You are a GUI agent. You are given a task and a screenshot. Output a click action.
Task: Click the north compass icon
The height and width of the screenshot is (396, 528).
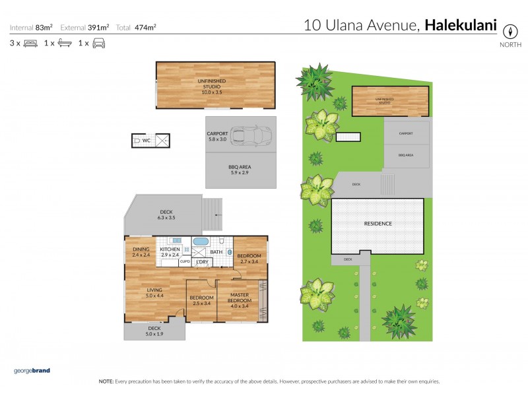[510, 31]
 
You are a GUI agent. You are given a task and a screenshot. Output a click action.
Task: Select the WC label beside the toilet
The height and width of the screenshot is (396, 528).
[147, 141]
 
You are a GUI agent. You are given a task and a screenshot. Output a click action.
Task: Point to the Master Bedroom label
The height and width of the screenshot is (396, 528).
[238, 300]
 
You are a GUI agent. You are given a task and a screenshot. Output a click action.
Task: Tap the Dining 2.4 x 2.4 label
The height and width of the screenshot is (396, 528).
[142, 251]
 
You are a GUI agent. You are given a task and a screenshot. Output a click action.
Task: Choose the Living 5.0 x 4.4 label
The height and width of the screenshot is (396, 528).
[155, 292]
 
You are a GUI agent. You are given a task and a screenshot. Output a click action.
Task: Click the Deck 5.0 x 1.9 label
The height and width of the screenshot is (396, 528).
[154, 331]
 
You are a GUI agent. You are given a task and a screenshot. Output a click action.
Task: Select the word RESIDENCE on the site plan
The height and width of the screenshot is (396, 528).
[378, 224]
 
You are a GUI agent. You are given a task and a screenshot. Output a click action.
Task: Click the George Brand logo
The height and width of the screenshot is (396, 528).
[32, 371]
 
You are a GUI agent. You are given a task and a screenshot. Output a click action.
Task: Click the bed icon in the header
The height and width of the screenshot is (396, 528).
[30, 44]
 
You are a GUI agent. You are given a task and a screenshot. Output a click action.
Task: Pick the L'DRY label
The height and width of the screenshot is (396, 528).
[201, 262]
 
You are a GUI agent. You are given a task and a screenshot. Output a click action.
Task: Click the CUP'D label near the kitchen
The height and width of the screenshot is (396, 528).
[185, 262]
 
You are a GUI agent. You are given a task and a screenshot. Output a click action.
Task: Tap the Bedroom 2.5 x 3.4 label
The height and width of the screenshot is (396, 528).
[201, 300]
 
